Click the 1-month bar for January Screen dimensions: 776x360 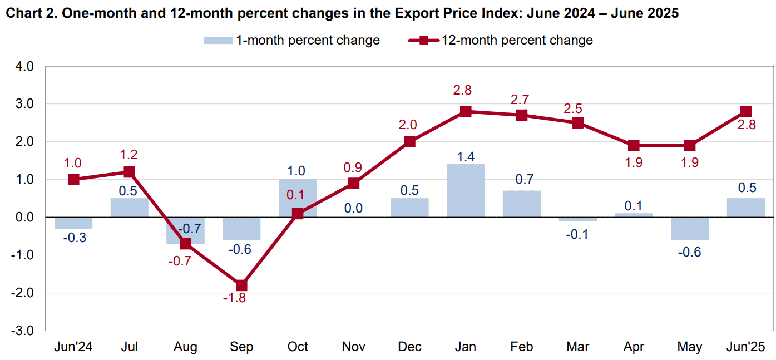tap(465, 190)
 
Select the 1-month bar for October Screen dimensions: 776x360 tap(297, 198)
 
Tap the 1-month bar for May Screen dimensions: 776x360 tap(689, 229)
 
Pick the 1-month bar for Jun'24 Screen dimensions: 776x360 tap(73, 223)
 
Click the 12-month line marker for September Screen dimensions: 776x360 tap(241, 285)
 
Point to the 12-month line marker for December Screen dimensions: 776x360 tap(409, 142)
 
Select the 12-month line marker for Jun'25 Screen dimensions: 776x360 tap(745, 111)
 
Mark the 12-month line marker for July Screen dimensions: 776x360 tap(129, 172)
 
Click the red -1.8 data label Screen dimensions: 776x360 tap(234, 298)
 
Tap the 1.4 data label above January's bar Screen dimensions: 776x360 tap(465, 157)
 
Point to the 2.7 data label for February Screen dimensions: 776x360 tap(520, 100)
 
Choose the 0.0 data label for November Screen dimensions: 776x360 tap(353, 208)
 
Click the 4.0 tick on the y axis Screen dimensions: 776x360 tap(24, 66)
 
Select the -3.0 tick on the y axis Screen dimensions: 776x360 tap(22, 331)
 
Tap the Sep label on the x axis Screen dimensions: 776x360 tap(241, 347)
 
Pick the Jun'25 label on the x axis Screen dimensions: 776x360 tap(745, 347)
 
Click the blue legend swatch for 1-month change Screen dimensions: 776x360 tap(218, 41)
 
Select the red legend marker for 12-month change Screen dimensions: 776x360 tap(424, 41)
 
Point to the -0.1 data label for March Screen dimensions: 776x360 tap(577, 235)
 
